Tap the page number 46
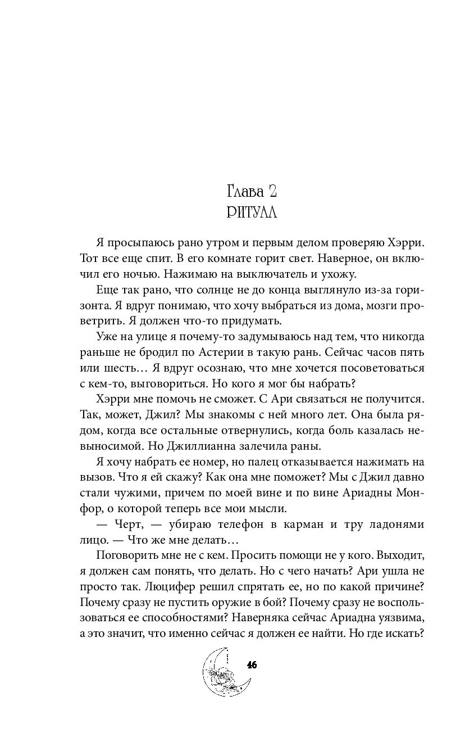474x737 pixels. (x=252, y=665)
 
